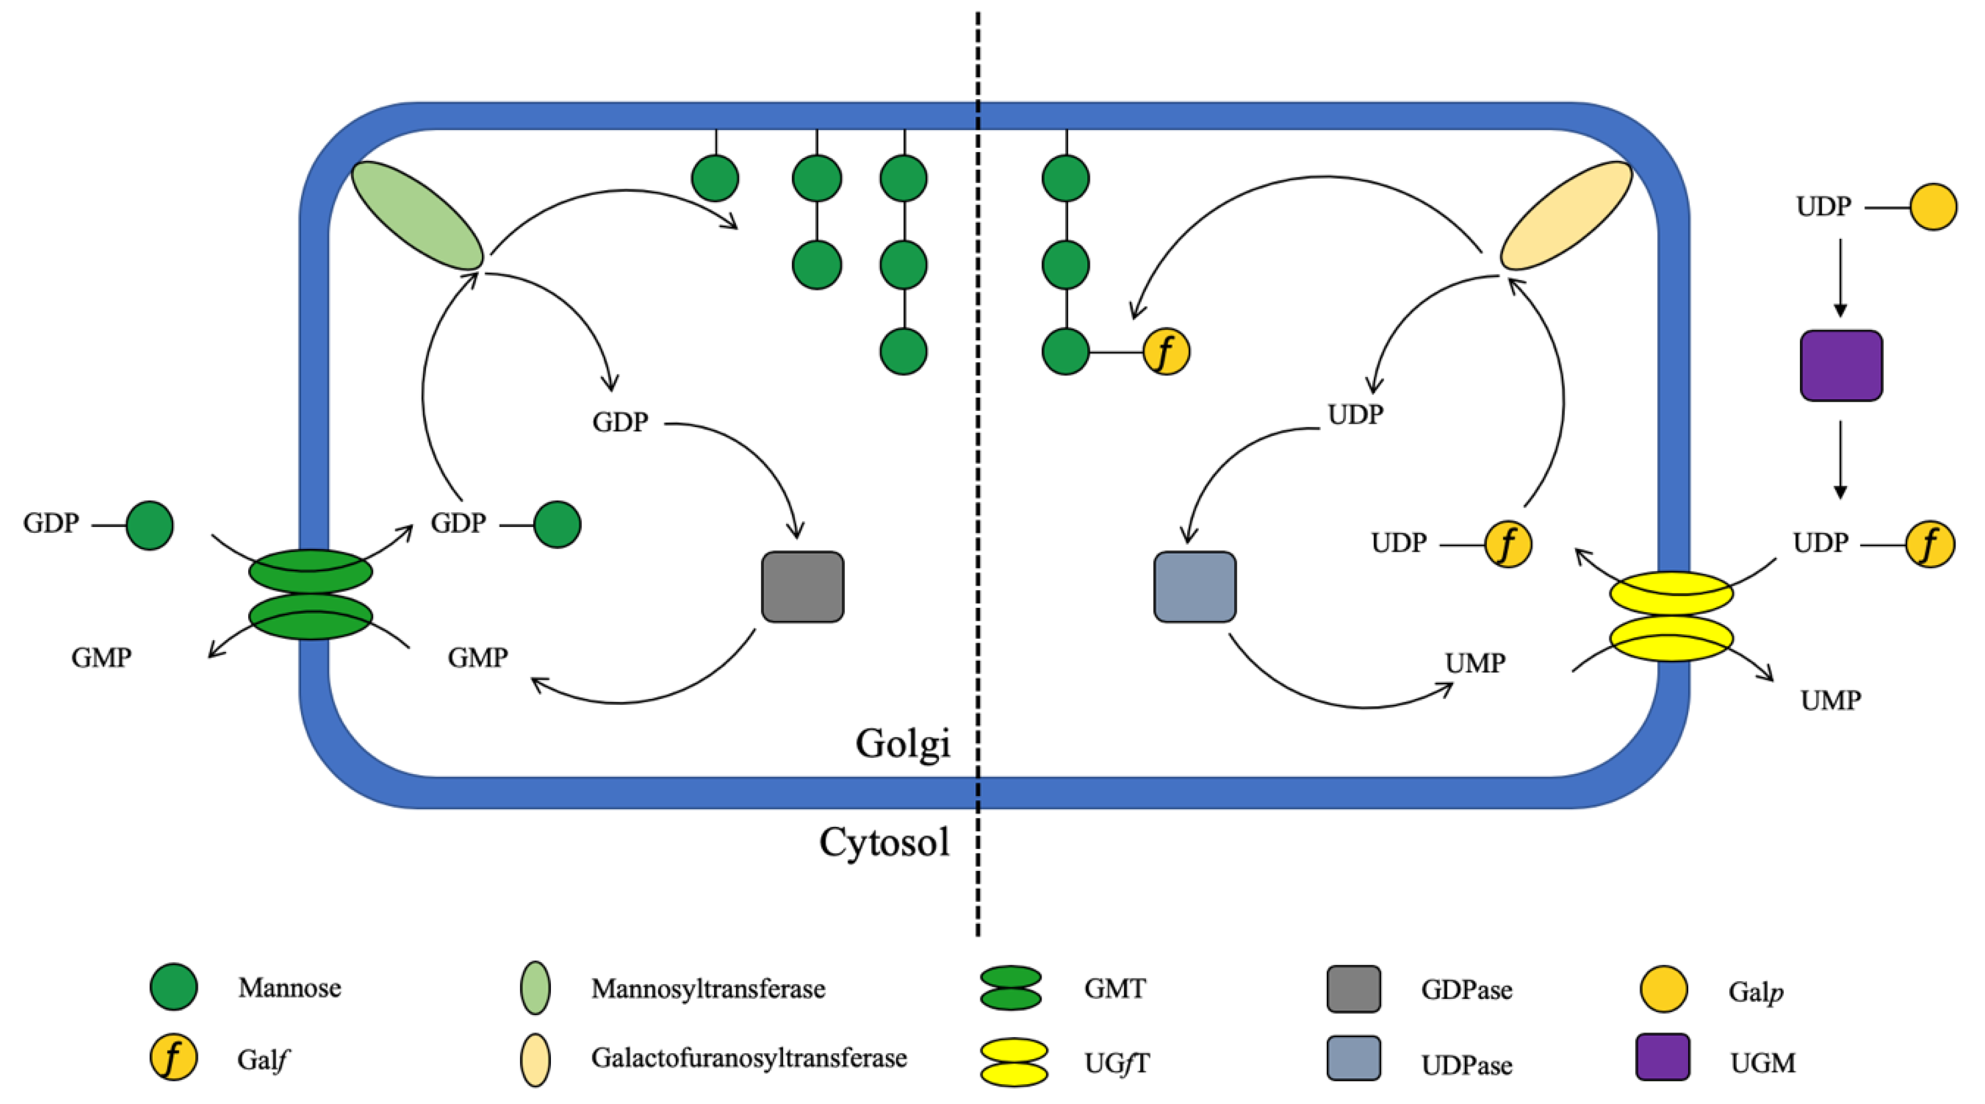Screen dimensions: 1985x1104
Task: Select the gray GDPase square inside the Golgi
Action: coord(802,586)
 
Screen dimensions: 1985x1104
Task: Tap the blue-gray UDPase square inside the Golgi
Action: coord(1195,586)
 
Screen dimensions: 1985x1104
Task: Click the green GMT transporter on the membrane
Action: coord(311,594)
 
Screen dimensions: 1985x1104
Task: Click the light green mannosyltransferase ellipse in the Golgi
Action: coord(417,216)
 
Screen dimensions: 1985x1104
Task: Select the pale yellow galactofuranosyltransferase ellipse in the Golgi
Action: coord(1566,216)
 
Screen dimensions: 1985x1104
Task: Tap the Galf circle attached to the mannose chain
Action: coord(1166,352)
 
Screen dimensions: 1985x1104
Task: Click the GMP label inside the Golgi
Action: coord(478,657)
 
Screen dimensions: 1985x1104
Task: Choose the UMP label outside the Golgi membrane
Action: coord(1831,700)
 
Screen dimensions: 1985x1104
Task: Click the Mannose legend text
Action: coord(290,987)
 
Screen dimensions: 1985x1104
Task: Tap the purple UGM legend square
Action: coord(1663,1057)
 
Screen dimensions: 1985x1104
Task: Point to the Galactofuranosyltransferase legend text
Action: coord(748,1058)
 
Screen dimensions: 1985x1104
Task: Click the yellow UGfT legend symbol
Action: coord(1013,1062)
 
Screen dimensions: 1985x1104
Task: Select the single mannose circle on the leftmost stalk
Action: coord(715,178)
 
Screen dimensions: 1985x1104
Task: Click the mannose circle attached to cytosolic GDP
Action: coord(149,525)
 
